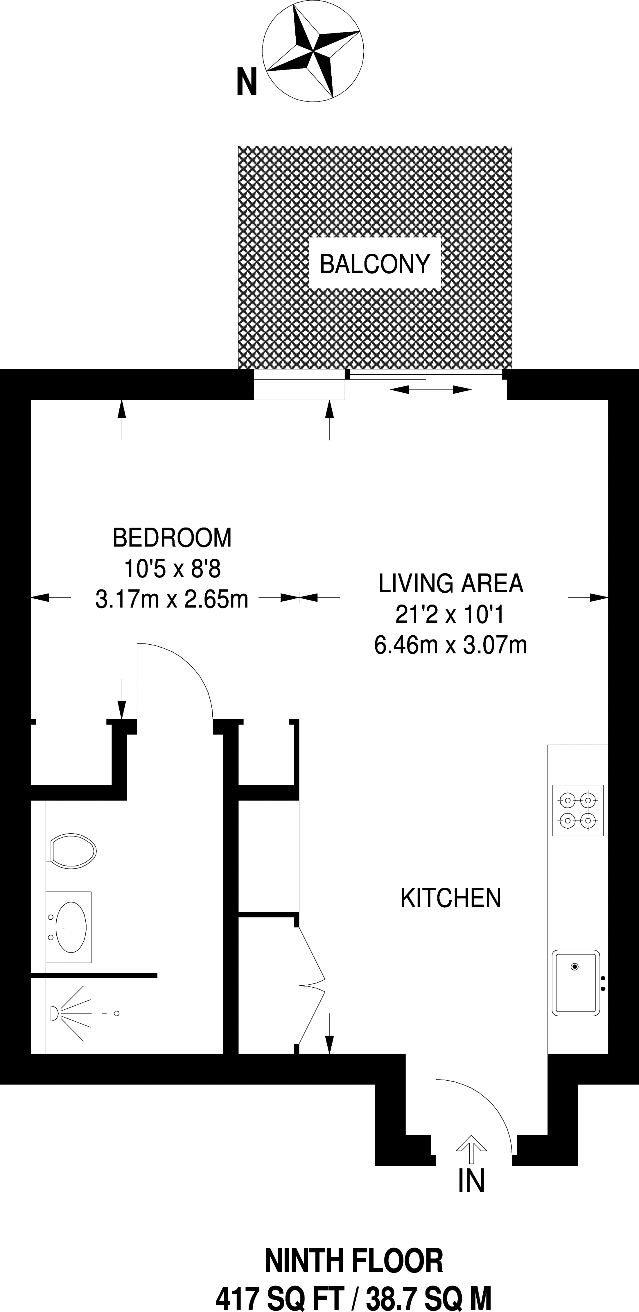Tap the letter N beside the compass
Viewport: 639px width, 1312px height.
tap(246, 82)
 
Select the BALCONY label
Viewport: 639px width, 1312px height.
tap(375, 264)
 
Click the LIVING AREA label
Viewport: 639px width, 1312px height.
tap(450, 584)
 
